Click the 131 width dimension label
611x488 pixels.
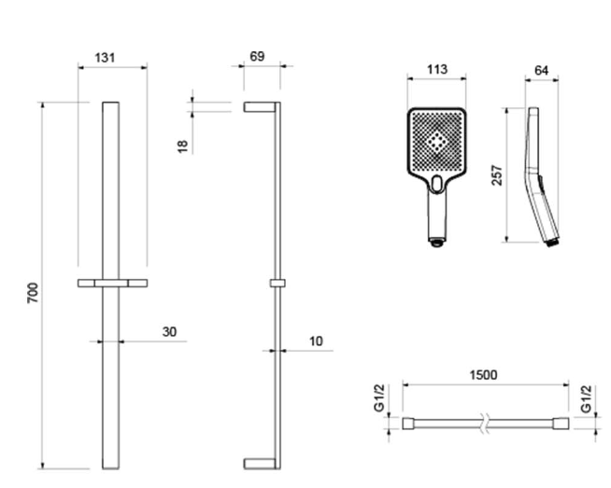pyautogui.click(x=106, y=58)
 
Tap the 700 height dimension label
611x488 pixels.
pyautogui.click(x=33, y=293)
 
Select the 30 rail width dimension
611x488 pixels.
pyautogui.click(x=169, y=331)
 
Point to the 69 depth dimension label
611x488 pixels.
pyautogui.click(x=257, y=56)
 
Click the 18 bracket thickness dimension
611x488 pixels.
pyautogui.click(x=182, y=146)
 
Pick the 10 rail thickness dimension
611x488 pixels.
pyautogui.click(x=316, y=341)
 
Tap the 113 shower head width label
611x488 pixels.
pyautogui.click(x=437, y=69)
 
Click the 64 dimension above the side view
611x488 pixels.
pyautogui.click(x=542, y=70)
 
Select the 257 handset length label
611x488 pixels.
pyautogui.click(x=497, y=175)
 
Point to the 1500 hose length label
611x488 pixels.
pyautogui.click(x=483, y=375)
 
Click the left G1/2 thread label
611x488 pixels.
pyautogui.click(x=379, y=397)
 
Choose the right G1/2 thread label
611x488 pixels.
pyautogui.click(x=586, y=398)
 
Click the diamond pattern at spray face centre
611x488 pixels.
pyautogui.click(x=437, y=142)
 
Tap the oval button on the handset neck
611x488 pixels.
pyautogui.click(x=437, y=184)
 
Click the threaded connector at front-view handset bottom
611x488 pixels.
pyautogui.click(x=437, y=243)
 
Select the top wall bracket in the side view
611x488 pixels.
pyautogui.click(x=260, y=107)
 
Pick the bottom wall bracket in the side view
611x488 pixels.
pyautogui.click(x=260, y=464)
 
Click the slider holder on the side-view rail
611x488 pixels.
pyautogui.click(x=277, y=284)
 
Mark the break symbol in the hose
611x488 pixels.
pyautogui.click(x=485, y=423)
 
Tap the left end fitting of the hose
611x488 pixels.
pyautogui.click(x=408, y=424)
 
